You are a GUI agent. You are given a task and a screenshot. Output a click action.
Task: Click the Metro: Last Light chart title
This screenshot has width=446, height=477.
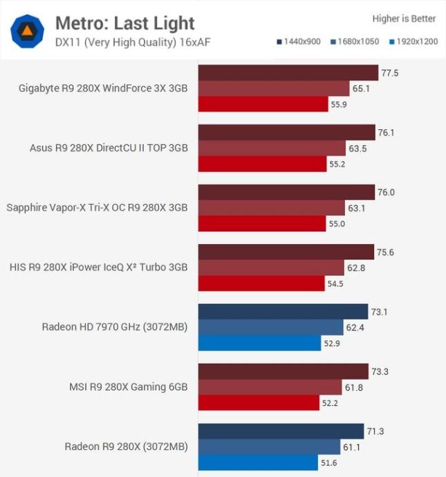point(124,23)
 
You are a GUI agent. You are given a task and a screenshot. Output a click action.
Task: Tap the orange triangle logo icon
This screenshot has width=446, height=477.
point(28,31)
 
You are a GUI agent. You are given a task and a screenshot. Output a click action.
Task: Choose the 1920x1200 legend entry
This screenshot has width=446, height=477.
point(413,42)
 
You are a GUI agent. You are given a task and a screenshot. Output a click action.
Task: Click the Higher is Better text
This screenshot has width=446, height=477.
point(404,19)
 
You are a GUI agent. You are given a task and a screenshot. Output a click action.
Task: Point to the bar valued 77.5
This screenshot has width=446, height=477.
point(288,73)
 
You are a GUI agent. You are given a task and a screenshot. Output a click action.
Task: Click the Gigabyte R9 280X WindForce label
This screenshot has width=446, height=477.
point(104,88)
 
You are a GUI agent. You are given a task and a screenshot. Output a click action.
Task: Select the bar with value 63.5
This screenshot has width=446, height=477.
point(272,148)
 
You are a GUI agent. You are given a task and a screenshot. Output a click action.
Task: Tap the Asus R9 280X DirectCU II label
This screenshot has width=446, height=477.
point(109,148)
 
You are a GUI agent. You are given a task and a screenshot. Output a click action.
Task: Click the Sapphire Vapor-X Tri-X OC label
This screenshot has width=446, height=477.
point(97,207)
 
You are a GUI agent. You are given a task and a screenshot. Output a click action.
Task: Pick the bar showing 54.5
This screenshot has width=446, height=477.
point(261,283)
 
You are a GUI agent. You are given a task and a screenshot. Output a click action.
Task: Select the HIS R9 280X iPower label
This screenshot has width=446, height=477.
point(99,267)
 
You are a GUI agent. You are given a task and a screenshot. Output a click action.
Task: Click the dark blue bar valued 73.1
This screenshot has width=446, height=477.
point(283,312)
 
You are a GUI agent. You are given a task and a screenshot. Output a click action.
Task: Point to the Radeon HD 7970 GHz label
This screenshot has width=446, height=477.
point(115,327)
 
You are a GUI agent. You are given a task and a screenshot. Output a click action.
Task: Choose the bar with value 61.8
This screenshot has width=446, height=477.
point(270,386)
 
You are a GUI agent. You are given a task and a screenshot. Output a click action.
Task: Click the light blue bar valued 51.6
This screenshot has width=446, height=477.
point(259,462)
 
